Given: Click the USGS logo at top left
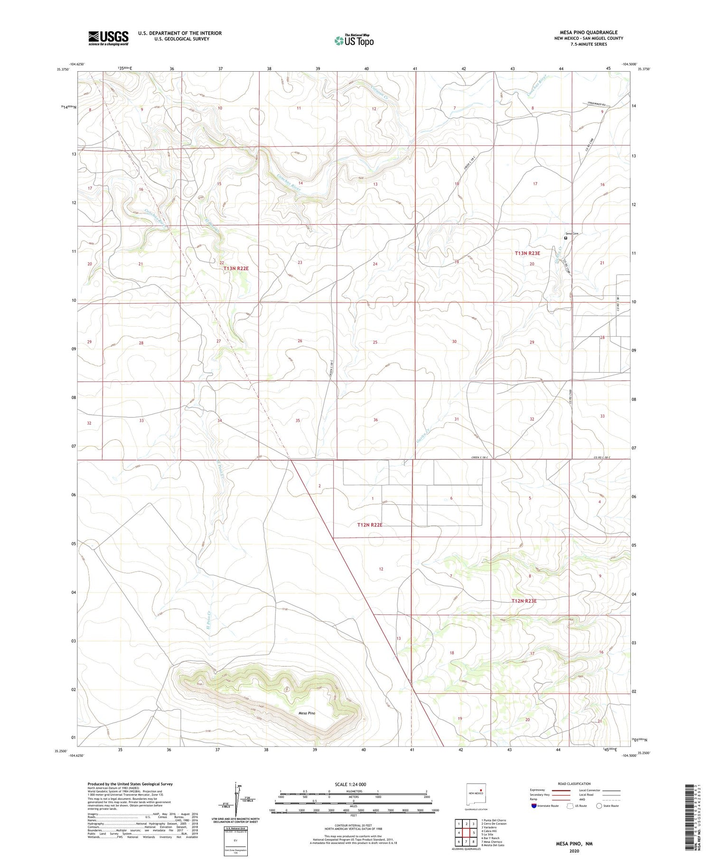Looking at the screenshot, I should (108, 38).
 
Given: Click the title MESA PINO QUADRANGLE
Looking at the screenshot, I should (588, 33).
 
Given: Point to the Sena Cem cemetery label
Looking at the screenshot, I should (572, 234).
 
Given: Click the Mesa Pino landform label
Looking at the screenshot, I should (307, 713).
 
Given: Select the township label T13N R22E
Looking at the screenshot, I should (236, 268).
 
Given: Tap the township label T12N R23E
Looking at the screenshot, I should (524, 601).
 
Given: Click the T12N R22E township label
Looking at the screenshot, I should (369, 525).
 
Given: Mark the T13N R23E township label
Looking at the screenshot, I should (527, 254).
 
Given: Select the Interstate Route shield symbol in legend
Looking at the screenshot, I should (534, 806).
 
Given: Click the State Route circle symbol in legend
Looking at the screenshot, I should (599, 806).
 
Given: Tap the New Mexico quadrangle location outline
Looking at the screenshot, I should (476, 793).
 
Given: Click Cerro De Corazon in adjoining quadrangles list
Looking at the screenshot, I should (493, 823).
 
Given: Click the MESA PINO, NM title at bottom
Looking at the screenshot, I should (574, 844).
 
